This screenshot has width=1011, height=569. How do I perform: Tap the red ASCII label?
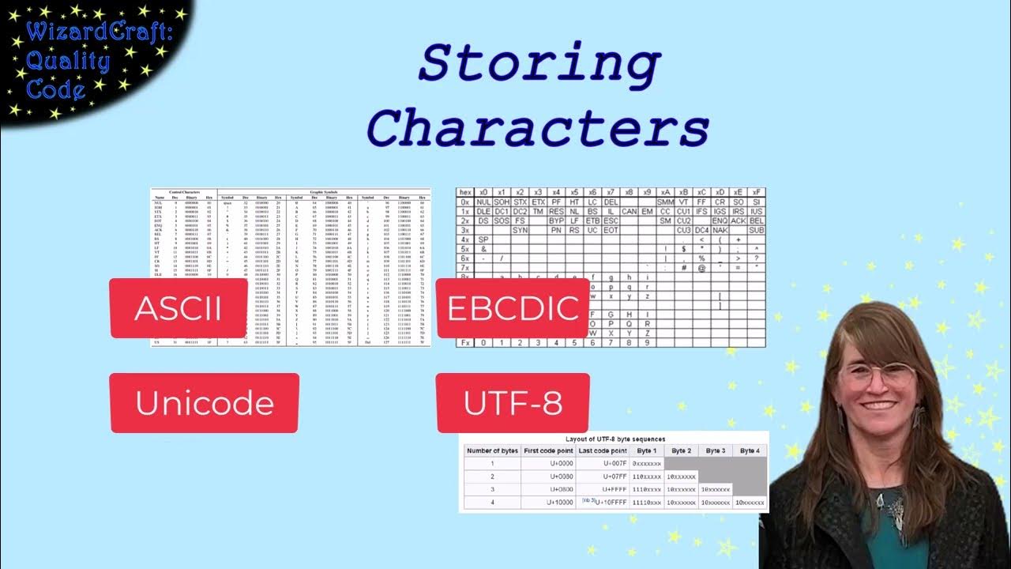(178, 308)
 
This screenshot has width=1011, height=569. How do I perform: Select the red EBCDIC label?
(513, 308)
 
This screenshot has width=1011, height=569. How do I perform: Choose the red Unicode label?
(204, 403)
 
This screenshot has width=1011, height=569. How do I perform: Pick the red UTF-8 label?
(513, 403)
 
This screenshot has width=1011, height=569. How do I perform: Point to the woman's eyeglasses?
(878, 374)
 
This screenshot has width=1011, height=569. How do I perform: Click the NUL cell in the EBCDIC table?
(483, 202)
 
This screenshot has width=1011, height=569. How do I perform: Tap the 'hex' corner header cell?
(464, 192)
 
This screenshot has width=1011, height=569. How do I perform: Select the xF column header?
(757, 192)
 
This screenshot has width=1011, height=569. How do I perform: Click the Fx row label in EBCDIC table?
(464, 342)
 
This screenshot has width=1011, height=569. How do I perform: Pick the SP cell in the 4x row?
(483, 239)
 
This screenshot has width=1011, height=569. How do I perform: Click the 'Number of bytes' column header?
(492, 450)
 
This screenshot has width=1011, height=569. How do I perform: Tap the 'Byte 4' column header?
(750, 450)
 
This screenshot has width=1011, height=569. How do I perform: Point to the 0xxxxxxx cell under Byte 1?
(647, 463)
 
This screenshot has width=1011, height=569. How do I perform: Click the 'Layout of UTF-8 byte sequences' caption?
(615, 439)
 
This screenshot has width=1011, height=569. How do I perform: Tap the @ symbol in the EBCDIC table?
(701, 268)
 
